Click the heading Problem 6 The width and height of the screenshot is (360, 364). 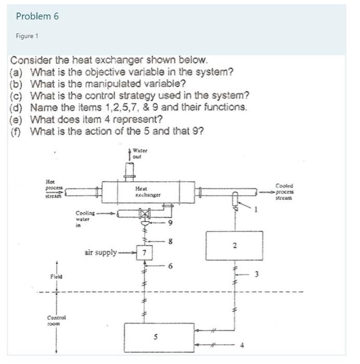pyautogui.click(x=37, y=16)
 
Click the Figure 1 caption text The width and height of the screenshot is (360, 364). pyautogui.click(x=27, y=36)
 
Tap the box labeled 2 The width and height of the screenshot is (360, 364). pyautogui.click(x=234, y=244)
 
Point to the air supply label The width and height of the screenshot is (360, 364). pyautogui.click(x=101, y=253)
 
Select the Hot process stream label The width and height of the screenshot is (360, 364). pyautogui.click(x=53, y=188)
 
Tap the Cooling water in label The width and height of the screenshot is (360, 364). pyautogui.click(x=85, y=219)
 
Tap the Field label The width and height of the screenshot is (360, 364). pyautogui.click(x=56, y=277)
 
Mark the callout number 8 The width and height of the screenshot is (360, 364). pyautogui.click(x=170, y=241)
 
